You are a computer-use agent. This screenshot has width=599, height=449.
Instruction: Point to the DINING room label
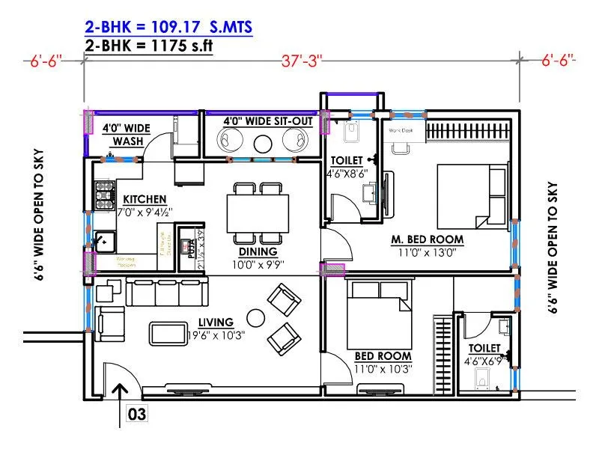point(258,251)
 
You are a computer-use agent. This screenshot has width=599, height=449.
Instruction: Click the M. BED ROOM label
point(427,239)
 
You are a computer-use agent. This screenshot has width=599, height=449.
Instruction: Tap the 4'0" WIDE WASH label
point(127,135)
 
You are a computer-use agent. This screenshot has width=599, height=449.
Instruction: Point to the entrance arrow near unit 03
point(120,404)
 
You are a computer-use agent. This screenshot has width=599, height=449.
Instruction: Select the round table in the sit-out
point(262,143)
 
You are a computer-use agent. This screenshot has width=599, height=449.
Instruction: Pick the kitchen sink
point(103,241)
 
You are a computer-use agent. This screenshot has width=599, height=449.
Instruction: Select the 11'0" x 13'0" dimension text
point(427,252)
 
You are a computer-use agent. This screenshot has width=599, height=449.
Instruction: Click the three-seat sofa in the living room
point(162,293)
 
